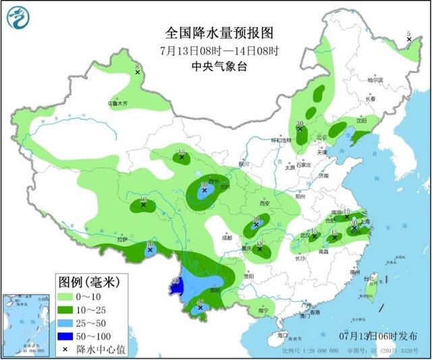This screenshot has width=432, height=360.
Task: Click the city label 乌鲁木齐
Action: pyautogui.click(x=117, y=104)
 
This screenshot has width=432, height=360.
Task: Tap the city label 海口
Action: pyautogui.click(x=281, y=335)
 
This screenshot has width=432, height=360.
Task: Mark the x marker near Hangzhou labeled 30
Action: pyautogui.click(x=353, y=230)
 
